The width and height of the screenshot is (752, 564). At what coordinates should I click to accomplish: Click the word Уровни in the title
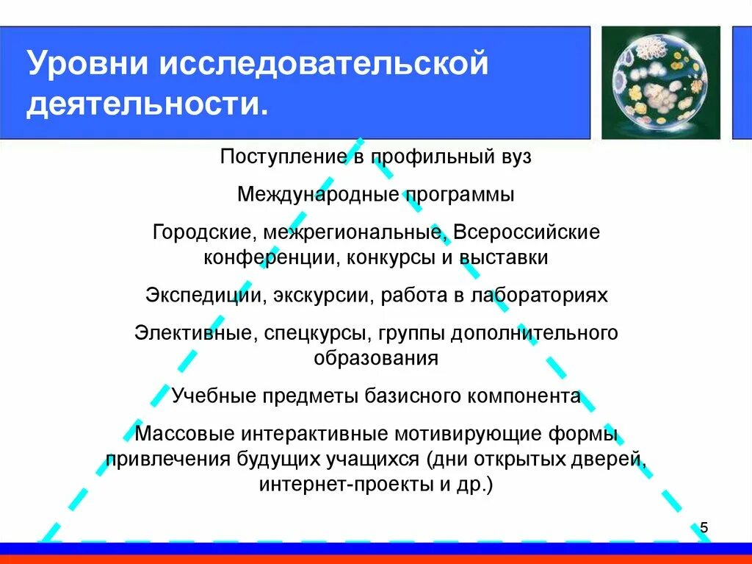[x=86, y=64]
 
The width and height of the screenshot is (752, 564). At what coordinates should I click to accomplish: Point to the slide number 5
[x=704, y=527]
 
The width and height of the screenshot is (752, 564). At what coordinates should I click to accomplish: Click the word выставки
[x=512, y=258]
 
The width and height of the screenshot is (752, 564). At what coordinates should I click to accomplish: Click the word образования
[x=376, y=359]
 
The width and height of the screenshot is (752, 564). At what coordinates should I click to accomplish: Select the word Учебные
[x=209, y=396]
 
